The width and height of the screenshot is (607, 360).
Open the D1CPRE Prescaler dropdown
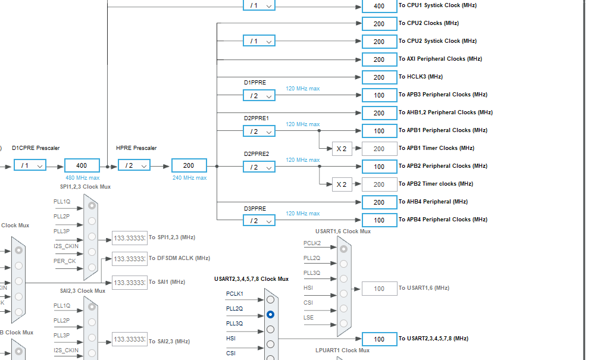click(30, 165)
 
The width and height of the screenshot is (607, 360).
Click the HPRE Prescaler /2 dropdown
click(134, 165)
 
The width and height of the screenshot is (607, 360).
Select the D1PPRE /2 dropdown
click(259, 95)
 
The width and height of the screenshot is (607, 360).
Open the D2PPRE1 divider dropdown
click(259, 131)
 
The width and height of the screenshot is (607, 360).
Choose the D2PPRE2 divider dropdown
click(259, 167)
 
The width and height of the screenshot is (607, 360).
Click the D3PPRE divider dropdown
click(259, 220)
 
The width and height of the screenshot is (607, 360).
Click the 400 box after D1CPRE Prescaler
click(82, 165)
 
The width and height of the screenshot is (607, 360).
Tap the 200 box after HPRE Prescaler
click(189, 165)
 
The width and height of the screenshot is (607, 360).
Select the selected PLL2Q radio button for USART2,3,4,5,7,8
click(271, 314)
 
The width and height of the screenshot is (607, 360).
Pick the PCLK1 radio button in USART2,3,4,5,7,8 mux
click(271, 299)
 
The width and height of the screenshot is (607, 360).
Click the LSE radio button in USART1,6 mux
click(343, 324)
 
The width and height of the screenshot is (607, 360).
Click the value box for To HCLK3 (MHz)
click(379, 77)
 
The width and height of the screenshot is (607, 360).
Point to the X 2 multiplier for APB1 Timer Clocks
click(341, 148)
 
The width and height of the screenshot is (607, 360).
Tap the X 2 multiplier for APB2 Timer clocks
click(341, 184)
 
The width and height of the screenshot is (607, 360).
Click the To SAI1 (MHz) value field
click(129, 282)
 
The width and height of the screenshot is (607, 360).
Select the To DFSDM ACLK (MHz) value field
click(129, 258)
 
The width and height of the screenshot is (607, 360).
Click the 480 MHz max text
click(82, 177)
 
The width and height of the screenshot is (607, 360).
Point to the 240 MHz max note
click(189, 177)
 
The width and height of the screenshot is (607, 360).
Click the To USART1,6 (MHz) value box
click(379, 289)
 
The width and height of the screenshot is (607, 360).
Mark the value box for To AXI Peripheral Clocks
click(379, 59)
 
